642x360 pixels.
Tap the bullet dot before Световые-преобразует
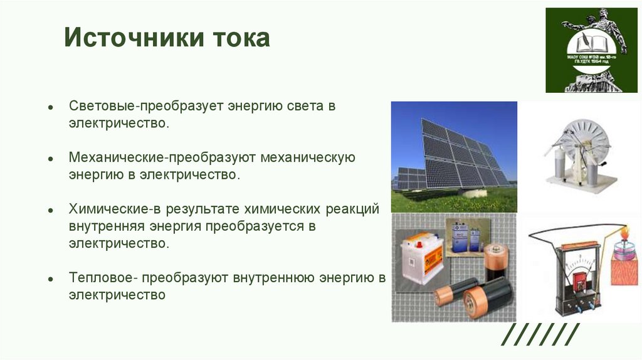tap(50, 107)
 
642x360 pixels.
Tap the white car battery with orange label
tap(420, 257)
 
